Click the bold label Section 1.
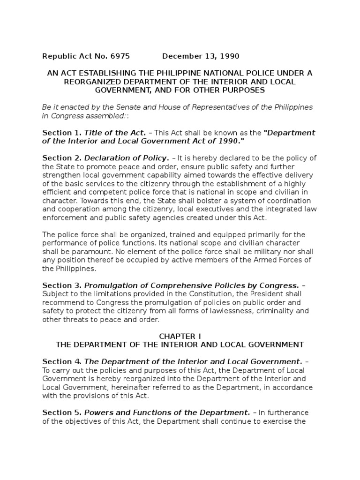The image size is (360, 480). [x=62, y=133]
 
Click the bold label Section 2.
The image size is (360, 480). [x=62, y=158]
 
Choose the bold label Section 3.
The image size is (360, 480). [x=62, y=285]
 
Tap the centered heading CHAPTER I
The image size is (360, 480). [x=180, y=336]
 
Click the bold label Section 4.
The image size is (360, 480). [x=62, y=361]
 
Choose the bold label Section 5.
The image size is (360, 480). [x=62, y=412]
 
